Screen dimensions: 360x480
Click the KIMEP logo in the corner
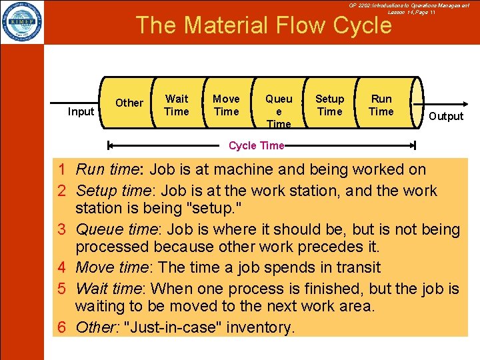point(22,21)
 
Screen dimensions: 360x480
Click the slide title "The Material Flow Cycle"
point(263,25)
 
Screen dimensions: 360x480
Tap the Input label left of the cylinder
point(81,111)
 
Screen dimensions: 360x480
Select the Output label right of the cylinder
point(445,116)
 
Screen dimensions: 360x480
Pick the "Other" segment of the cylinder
point(129,103)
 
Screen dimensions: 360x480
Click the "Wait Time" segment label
point(177,105)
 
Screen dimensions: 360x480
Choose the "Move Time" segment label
point(226,105)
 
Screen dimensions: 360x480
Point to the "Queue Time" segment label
point(279,111)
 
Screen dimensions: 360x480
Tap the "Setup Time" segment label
point(329,105)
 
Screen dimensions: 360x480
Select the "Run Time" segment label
point(381,105)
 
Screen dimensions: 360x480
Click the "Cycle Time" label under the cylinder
point(256,145)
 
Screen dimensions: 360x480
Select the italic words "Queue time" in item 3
point(118,230)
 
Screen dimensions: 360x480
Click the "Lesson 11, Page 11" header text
point(411,13)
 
